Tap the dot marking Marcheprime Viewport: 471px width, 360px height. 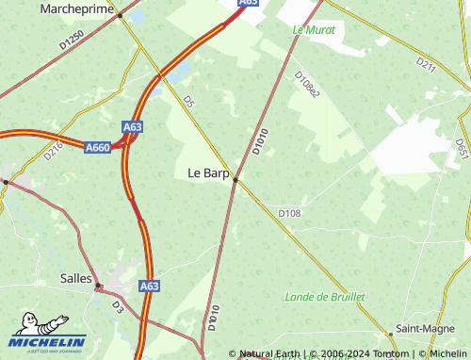(x=120, y=15)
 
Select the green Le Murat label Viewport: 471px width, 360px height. (x=314, y=29)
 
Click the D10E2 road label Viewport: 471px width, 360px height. (x=307, y=84)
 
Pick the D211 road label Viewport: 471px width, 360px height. (x=427, y=65)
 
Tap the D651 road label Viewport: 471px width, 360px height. (x=462, y=148)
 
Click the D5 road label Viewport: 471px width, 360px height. (x=188, y=101)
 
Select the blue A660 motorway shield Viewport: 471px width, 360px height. (x=98, y=147)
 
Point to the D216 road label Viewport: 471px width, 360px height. (x=53, y=150)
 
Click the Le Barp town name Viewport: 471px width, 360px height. (x=208, y=172)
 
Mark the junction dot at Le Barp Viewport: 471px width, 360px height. (x=235, y=179)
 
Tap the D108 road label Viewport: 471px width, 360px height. (x=289, y=214)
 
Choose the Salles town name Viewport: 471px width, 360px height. (x=76, y=278)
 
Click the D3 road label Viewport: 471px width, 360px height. (x=118, y=306)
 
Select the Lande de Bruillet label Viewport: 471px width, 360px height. (x=324, y=297)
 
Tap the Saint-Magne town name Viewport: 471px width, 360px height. (x=421, y=328)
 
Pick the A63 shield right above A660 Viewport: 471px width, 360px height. (x=133, y=126)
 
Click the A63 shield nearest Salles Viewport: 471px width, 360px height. (x=149, y=285)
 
